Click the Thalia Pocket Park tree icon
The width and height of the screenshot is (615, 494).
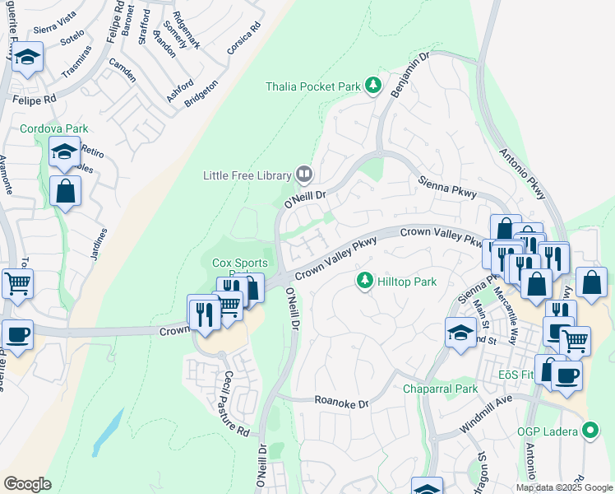click(x=374, y=86)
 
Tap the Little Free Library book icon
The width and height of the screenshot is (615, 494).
click(x=304, y=175)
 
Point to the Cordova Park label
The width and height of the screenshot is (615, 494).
click(x=53, y=129)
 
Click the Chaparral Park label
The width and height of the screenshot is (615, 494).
click(x=440, y=389)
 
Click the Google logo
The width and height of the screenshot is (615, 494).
click(x=27, y=483)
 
